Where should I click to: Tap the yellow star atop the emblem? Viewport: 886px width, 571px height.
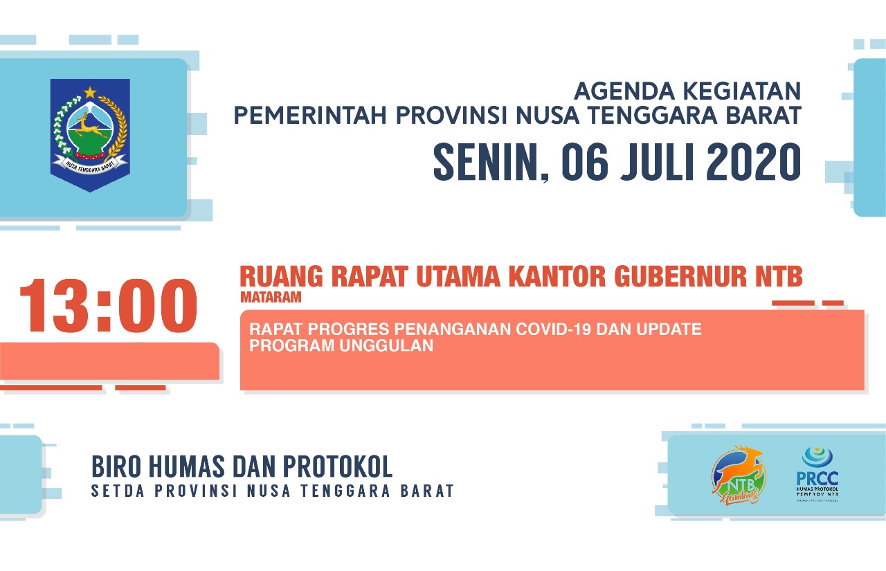pos(90,92)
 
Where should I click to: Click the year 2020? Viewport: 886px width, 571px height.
pos(755,162)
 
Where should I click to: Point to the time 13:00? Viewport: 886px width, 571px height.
pos(108,306)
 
